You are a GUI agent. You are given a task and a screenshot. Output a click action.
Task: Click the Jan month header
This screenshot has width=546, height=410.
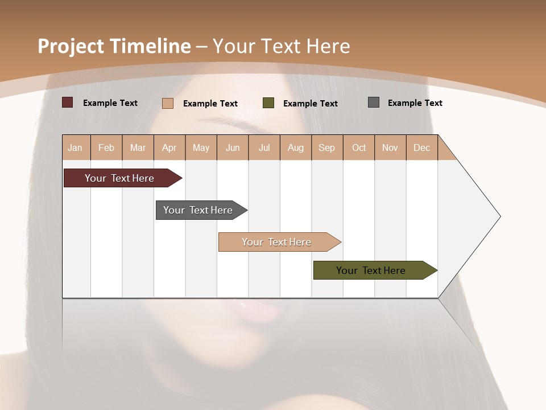coord(76,147)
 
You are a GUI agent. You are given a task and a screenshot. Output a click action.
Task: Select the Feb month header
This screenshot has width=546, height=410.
coord(106,147)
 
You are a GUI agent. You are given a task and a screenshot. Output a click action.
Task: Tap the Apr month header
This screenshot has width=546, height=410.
coord(169,147)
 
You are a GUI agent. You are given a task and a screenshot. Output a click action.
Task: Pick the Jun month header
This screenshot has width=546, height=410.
coord(233,147)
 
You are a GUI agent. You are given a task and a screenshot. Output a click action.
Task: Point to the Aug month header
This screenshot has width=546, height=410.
coord(296,147)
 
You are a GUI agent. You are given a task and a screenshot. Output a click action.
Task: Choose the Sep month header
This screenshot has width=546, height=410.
coord(327,147)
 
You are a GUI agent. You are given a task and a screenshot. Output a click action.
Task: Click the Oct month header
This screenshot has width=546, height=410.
coord(359,147)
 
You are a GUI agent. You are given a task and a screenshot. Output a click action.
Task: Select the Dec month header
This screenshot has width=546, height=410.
coord(422,147)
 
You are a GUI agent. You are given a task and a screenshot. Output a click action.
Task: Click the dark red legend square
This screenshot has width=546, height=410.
coord(68,102)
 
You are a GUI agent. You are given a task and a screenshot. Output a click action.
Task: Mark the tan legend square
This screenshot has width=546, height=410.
coord(168,103)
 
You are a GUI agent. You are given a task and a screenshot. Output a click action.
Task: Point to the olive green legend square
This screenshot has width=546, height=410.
coord(268,103)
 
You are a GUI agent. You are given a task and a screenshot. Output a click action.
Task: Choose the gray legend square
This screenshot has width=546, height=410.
coord(374,102)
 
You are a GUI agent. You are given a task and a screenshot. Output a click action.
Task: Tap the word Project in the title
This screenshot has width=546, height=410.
coord(71,46)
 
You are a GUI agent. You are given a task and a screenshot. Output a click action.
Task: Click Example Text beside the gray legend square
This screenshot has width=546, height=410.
coord(415,103)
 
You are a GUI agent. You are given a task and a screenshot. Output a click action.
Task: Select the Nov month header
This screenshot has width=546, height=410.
coord(390,147)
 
